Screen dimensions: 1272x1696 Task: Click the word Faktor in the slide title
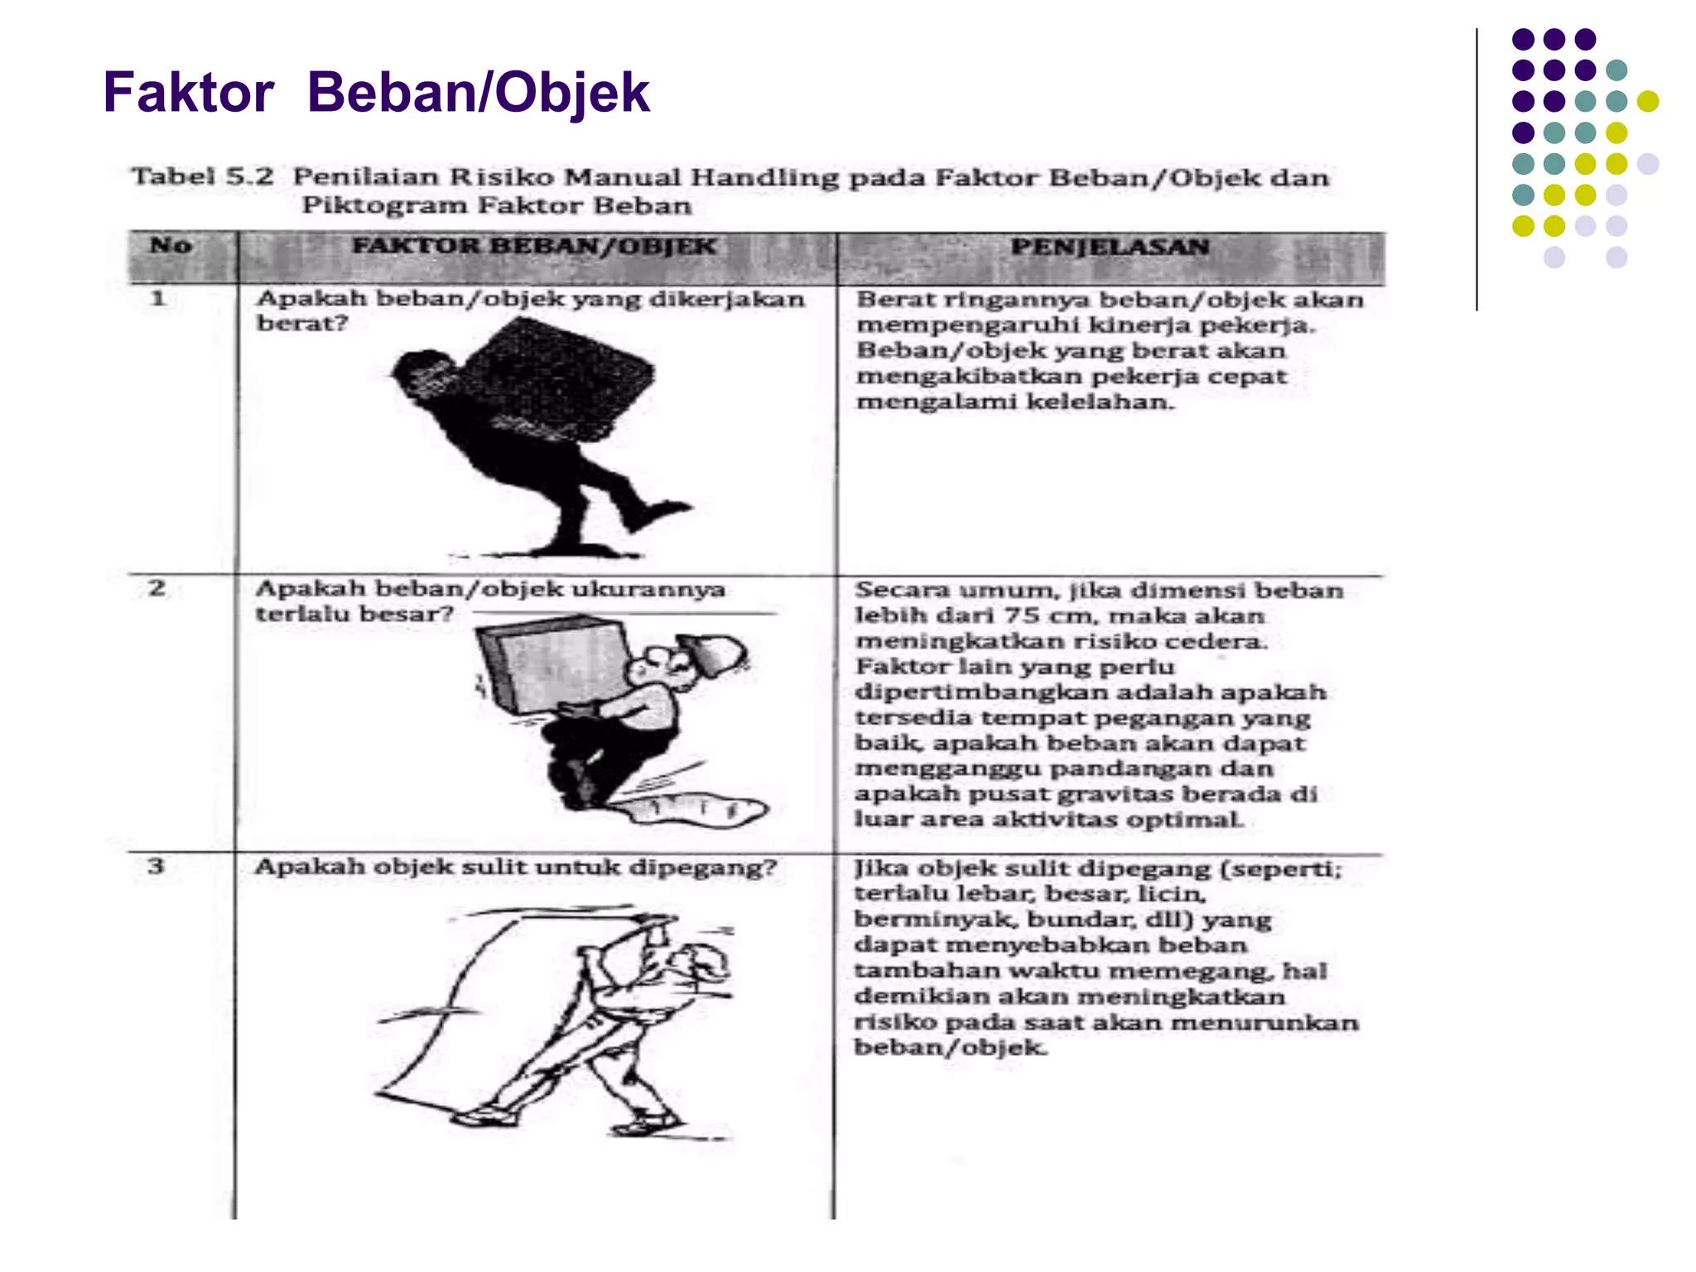[188, 92]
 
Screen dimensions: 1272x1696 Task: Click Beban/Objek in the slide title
[478, 92]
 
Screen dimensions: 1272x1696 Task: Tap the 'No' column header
[171, 246]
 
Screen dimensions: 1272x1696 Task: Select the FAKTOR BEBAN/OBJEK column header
[534, 247]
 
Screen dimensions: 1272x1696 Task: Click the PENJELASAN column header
[1110, 247]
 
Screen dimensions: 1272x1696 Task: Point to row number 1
[158, 299]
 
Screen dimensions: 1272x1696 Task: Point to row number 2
[157, 589]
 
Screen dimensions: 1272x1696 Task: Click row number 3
[156, 866]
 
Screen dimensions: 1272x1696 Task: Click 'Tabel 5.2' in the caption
[202, 176]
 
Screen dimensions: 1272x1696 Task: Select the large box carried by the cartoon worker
[551, 662]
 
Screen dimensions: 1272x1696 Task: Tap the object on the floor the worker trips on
[696, 808]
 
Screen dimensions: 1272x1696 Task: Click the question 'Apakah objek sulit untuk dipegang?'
[515, 867]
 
